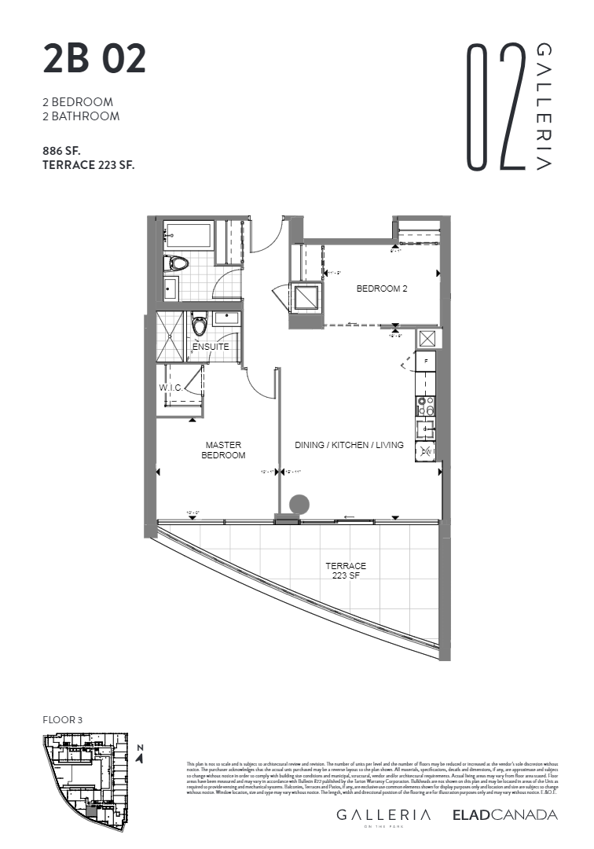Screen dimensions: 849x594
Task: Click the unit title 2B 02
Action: tap(94, 61)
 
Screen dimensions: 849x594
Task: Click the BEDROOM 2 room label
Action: tap(382, 289)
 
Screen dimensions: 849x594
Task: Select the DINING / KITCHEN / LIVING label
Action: tap(349, 445)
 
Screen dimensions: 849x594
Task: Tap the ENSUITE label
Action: tap(211, 347)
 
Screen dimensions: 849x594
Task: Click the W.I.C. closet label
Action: tap(171, 388)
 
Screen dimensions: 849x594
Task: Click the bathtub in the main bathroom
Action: tap(188, 235)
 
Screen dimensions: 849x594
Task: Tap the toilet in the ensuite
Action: tap(200, 324)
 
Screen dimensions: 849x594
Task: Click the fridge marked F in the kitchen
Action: tap(426, 362)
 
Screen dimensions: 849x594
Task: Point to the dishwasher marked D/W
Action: tap(425, 451)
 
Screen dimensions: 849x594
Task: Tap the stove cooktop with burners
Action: tap(425, 405)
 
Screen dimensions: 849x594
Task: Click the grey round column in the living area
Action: tap(299, 505)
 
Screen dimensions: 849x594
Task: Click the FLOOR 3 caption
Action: tap(63, 719)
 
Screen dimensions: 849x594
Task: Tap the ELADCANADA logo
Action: tap(504, 814)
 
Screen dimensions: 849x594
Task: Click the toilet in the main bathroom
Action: tap(177, 264)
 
